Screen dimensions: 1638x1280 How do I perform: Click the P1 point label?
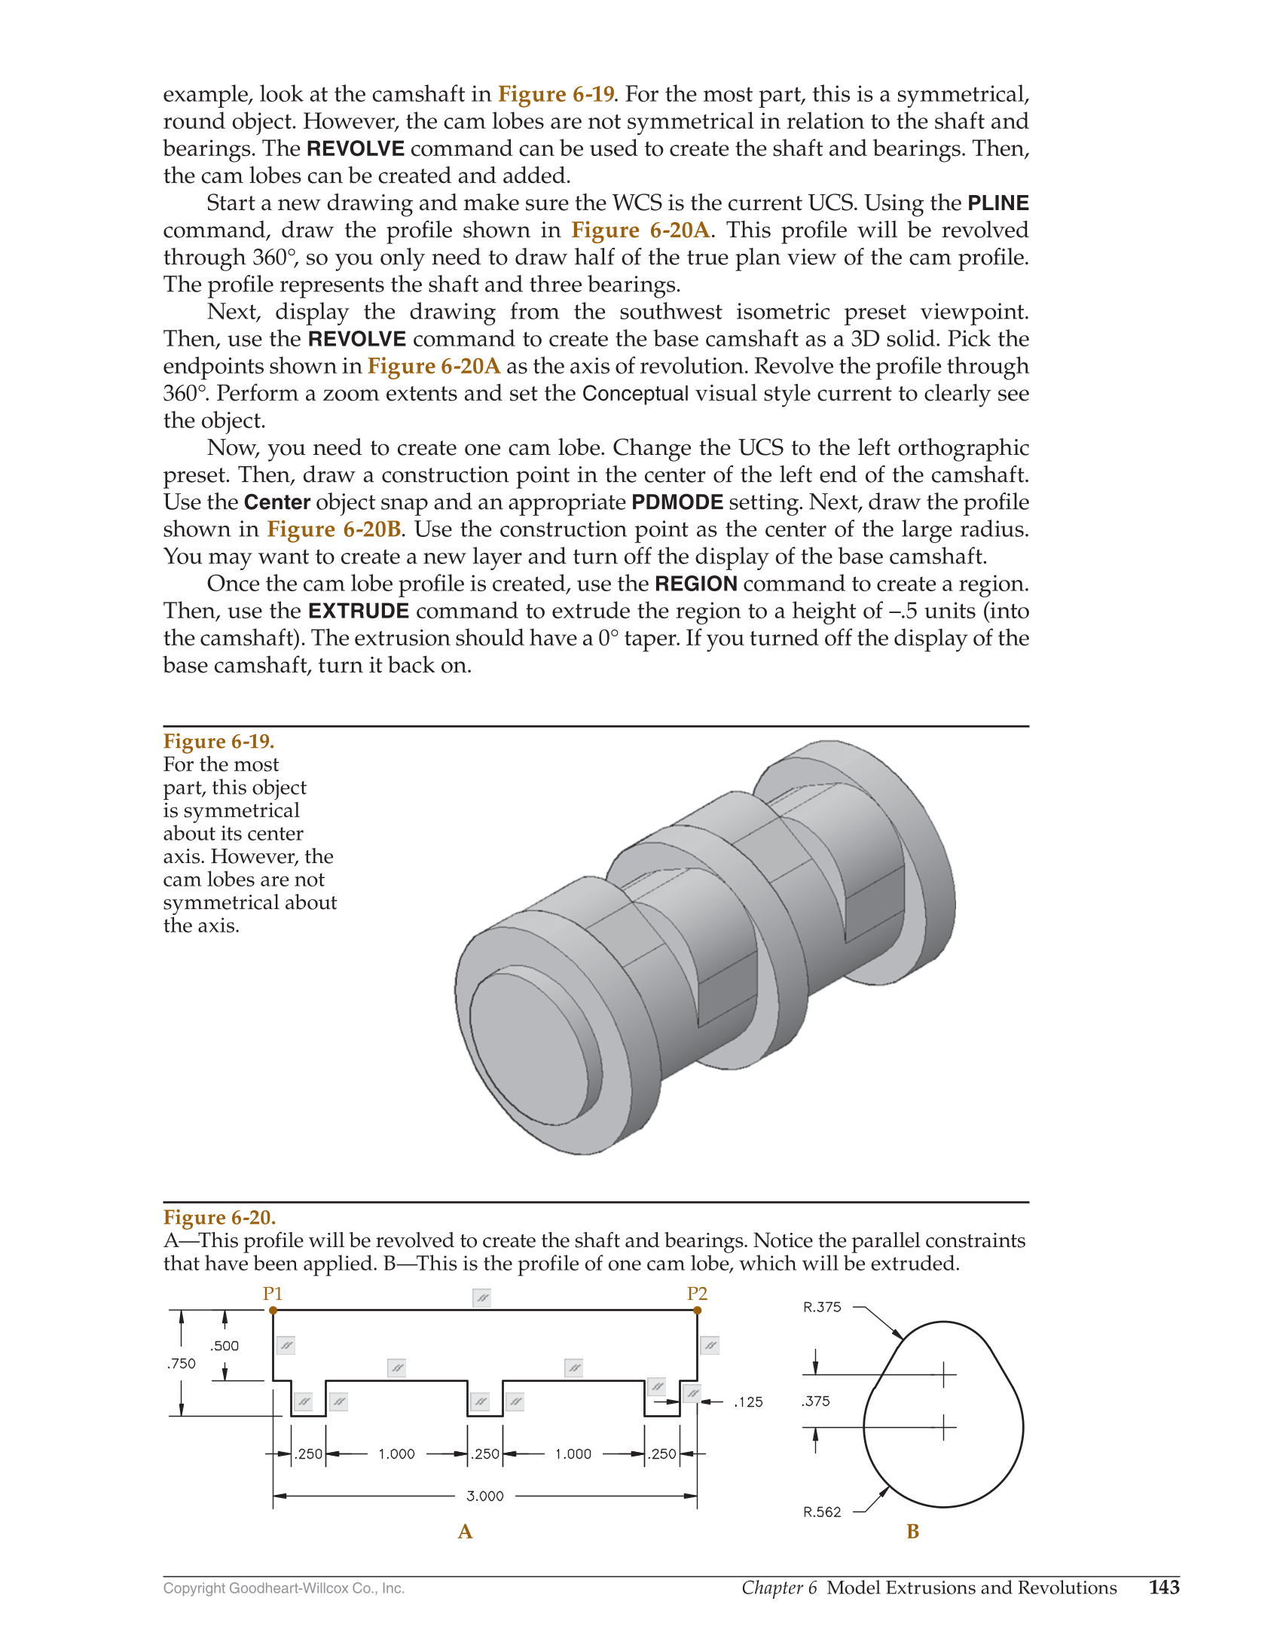[272, 1294]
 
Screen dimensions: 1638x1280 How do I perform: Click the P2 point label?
[697, 1294]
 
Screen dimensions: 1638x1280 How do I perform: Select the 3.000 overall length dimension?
[484, 1496]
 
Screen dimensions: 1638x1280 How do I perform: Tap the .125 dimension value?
[748, 1402]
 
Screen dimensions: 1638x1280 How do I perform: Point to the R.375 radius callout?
[822, 1307]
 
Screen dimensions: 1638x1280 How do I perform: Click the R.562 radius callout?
[822, 1511]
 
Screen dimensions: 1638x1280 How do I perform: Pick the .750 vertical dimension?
[182, 1363]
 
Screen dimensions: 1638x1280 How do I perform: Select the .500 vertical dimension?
[225, 1346]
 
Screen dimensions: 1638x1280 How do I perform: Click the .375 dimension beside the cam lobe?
[816, 1401]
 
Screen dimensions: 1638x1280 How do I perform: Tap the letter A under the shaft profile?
[465, 1532]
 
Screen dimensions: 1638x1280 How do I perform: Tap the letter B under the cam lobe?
[912, 1532]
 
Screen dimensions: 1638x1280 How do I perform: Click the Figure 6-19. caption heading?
[218, 742]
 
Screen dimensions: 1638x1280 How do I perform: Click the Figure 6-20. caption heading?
[219, 1218]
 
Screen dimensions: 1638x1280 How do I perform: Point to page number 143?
[1164, 1587]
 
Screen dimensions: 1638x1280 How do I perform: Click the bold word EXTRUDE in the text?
[359, 611]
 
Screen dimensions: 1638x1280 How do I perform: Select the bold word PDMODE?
[677, 502]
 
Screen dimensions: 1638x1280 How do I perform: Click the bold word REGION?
[696, 584]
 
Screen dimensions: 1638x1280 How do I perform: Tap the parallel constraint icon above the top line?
[481, 1298]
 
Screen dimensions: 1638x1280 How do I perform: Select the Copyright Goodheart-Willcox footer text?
[284, 1588]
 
